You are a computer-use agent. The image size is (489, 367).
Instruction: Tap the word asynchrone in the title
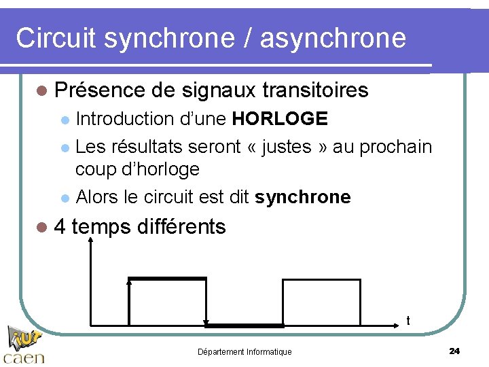pos(333,38)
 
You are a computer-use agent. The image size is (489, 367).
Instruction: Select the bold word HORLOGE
pos(280,119)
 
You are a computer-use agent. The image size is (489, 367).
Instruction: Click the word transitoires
pos(315,90)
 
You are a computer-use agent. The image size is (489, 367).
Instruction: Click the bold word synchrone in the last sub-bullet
pos(303,197)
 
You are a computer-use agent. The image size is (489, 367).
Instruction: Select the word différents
pos(181,226)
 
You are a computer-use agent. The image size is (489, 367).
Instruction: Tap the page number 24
pos(454,351)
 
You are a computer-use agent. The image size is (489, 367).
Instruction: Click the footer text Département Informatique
pos(244,351)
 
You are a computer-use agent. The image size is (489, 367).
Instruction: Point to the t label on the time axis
pos(407,320)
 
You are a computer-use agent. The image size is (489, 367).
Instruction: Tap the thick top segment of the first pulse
pos(167,278)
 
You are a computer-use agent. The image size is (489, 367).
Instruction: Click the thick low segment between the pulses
pos(244,326)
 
